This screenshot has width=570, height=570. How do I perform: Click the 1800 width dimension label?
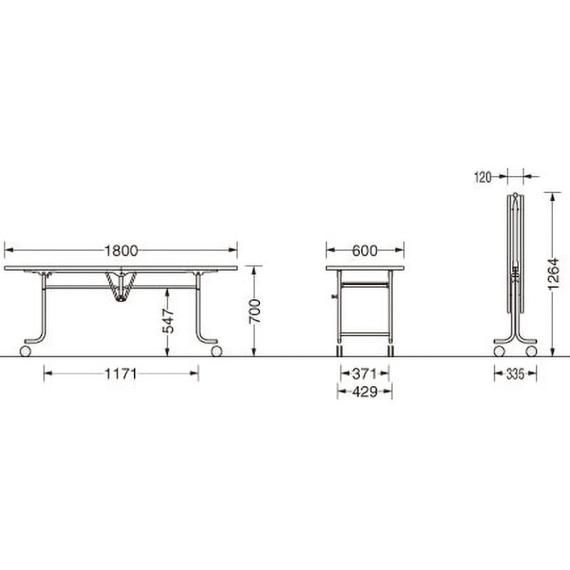tap(121, 251)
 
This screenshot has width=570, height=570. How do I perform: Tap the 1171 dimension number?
tap(120, 373)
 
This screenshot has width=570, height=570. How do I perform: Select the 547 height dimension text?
tap(168, 321)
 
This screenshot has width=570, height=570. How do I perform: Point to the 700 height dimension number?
tap(254, 311)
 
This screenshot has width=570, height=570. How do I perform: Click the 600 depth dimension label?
tap(365, 251)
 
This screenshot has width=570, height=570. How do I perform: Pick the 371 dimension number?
tap(365, 373)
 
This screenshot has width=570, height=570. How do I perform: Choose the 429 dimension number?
tap(365, 391)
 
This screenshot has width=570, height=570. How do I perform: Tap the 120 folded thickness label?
tap(483, 177)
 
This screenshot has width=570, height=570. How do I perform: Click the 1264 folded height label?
tap(553, 274)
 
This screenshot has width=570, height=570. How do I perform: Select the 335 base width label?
tap(515, 373)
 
